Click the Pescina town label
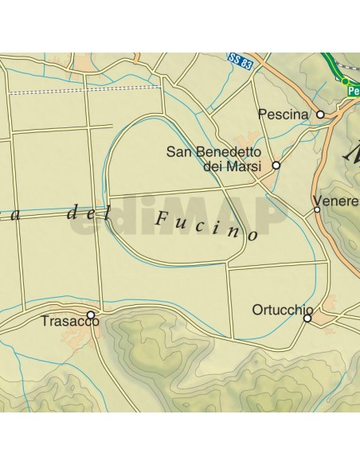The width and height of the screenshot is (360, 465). (283, 115)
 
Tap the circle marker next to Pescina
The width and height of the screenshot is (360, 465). (320, 115)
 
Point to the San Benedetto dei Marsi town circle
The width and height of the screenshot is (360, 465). (276, 166)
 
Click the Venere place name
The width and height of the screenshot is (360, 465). (336, 201)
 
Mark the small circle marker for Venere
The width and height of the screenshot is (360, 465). (317, 209)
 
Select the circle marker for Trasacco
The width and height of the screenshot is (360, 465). (91, 315)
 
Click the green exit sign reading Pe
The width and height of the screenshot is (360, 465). (354, 91)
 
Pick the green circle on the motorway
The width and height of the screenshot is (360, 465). (345, 81)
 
